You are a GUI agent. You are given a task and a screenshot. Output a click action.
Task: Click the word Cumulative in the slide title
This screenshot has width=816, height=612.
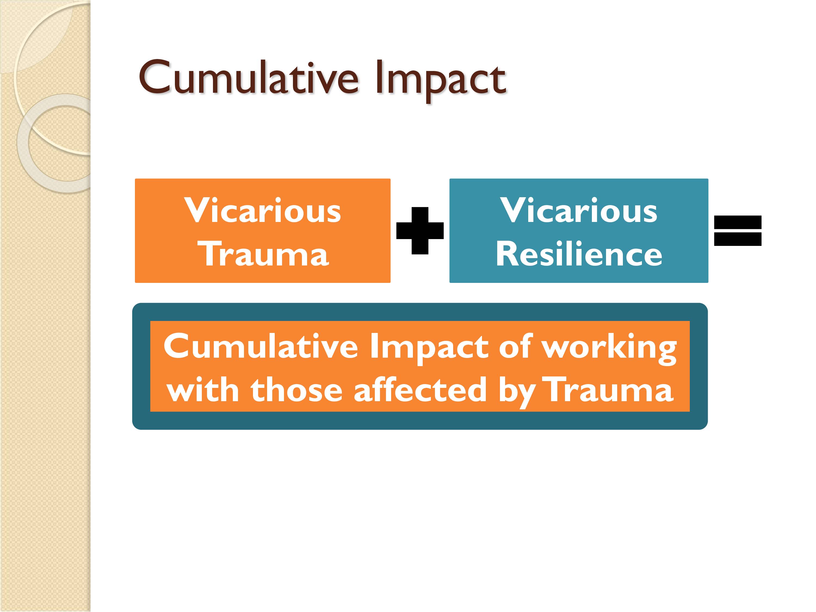coord(249,78)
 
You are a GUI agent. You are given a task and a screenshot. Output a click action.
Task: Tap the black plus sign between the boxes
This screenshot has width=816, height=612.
coord(420,231)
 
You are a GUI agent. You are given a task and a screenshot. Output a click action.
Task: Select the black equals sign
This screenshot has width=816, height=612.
coord(738,231)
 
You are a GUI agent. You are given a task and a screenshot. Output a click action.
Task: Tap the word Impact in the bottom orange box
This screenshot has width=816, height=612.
coord(429,349)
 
